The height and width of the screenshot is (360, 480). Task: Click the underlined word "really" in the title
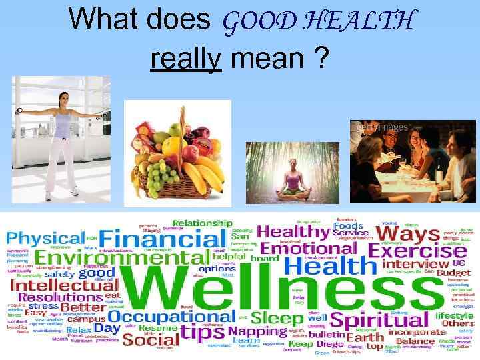[186, 60]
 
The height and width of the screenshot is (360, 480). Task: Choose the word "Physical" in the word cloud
[45, 239]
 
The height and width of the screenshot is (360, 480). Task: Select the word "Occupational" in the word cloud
[172, 317]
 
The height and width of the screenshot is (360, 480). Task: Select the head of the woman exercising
[63, 101]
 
